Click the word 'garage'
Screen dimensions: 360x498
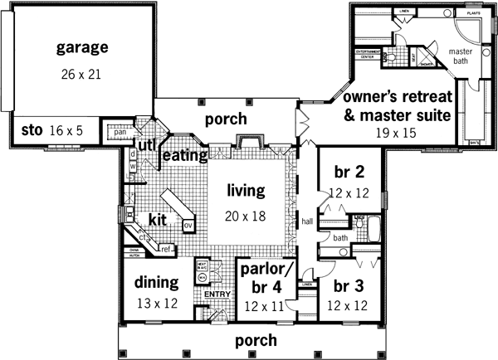pos(83,47)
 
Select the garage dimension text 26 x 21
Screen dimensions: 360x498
pos(81,74)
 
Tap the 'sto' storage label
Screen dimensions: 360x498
pos(32,130)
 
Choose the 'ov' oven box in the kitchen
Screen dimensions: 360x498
pos(188,224)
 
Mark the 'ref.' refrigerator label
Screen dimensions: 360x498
pos(165,248)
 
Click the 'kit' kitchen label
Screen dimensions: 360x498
pos(158,220)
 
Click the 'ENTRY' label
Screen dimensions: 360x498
pos(215,294)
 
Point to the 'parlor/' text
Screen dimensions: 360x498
pos(263,270)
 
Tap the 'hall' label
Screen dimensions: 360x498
pos(306,221)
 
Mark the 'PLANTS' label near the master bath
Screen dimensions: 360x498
pos(474,14)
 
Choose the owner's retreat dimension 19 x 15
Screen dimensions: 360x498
pos(396,133)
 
